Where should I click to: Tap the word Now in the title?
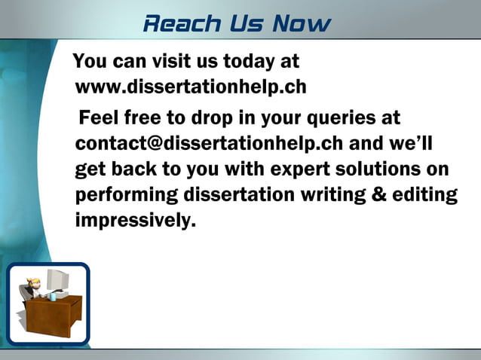pyautogui.click(x=302, y=23)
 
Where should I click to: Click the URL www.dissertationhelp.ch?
pyautogui.click(x=191, y=87)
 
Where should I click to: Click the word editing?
pyautogui.click(x=427, y=194)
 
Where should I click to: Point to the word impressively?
pyautogui.click(x=135, y=221)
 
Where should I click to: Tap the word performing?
pyautogui.click(x=125, y=194)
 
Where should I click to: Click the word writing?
pyautogui.click(x=334, y=194)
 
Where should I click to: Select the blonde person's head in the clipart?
pyautogui.click(x=32, y=285)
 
